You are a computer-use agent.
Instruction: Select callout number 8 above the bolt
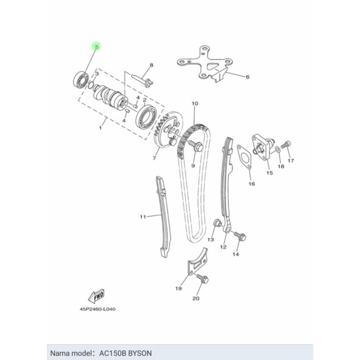[x=151, y=64]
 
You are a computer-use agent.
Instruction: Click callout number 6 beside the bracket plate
[x=248, y=77]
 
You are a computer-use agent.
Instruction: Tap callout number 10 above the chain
[x=195, y=104]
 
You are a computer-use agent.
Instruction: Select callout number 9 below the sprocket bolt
[x=193, y=165]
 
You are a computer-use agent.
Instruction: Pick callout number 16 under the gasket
[x=252, y=183]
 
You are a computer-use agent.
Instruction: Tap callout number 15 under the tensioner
[x=270, y=173]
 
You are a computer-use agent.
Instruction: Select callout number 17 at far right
[x=291, y=161]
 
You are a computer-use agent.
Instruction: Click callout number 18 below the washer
[x=281, y=166]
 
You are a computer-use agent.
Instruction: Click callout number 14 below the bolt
[x=236, y=254]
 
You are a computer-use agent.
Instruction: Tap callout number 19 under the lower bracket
[x=178, y=289]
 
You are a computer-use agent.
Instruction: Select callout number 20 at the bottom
[x=195, y=299]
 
